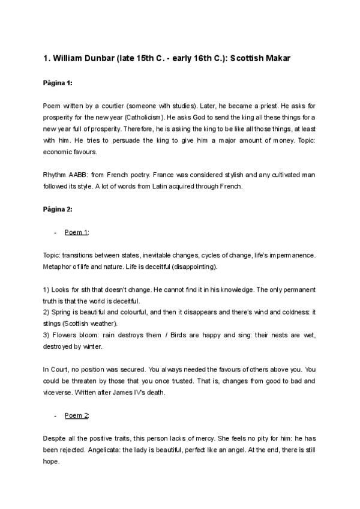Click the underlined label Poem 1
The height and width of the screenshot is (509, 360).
76,232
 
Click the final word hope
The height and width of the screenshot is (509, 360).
52,462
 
